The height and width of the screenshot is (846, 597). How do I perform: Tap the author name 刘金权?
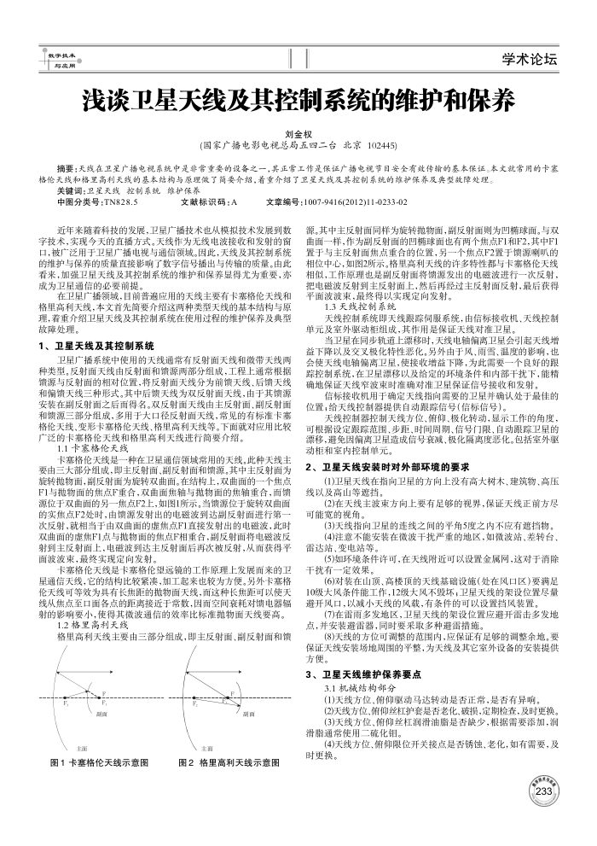click(x=298, y=134)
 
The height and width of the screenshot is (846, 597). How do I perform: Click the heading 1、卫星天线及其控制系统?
click(x=96, y=347)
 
